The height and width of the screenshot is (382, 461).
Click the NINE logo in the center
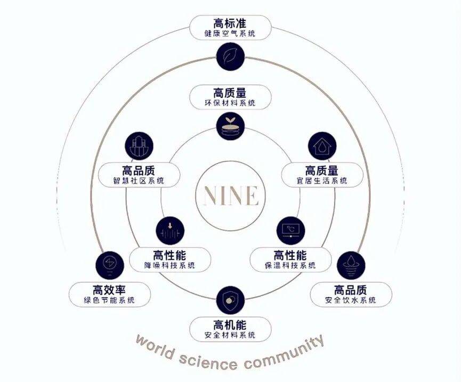tap(230, 196)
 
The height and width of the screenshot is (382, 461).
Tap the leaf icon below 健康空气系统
tap(230, 54)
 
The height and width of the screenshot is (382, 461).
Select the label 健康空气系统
tap(230, 34)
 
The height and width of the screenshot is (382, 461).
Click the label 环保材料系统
tap(230, 103)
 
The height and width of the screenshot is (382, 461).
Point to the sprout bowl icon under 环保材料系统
tap(230, 125)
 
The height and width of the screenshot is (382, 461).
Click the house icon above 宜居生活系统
tap(322, 146)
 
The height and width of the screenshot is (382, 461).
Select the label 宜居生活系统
tap(322, 181)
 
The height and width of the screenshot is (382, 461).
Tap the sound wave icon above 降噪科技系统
tap(170, 231)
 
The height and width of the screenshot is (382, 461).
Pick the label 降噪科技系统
tap(170, 265)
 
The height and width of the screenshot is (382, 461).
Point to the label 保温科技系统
tap(290, 265)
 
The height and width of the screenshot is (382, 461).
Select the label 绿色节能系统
tap(110, 300)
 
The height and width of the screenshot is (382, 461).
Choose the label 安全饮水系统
tap(351, 300)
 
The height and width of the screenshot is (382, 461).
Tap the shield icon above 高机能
tap(230, 300)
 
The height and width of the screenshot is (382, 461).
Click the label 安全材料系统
tap(230, 336)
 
